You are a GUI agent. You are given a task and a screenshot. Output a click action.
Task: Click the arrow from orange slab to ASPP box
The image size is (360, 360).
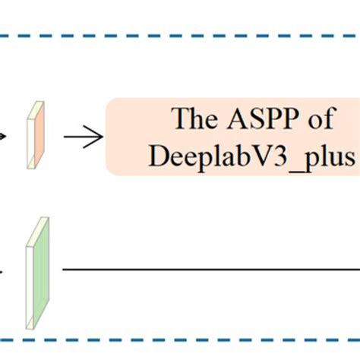(x=83, y=137)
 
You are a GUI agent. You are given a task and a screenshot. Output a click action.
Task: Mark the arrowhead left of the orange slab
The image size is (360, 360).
(x=5, y=137)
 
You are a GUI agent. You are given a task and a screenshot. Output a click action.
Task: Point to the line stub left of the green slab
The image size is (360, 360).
(x=3, y=269)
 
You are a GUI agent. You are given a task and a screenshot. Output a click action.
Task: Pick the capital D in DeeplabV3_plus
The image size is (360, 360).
(x=159, y=156)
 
